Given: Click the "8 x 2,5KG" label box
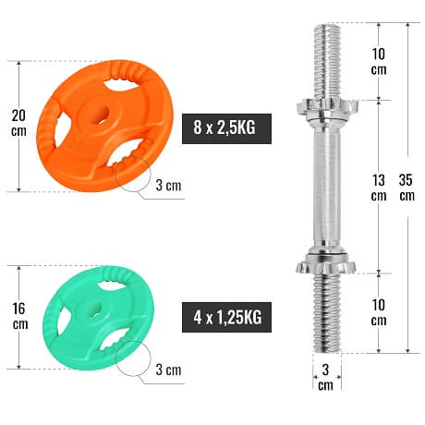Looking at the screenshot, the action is coord(226,128).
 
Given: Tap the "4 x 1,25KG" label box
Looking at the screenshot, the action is coord(226,317).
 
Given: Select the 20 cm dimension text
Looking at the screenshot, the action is coord(18,123).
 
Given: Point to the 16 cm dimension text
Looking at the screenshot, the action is coord(20,316).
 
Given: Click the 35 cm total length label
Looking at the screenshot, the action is coord(407,188).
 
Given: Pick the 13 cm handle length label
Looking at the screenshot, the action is coord(379,188).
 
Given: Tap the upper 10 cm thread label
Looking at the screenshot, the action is coord(379,61).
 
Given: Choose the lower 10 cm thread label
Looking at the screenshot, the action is coord(379,312).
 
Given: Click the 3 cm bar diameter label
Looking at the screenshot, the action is coord(325,377).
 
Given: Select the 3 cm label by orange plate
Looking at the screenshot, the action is coord(168,186).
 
